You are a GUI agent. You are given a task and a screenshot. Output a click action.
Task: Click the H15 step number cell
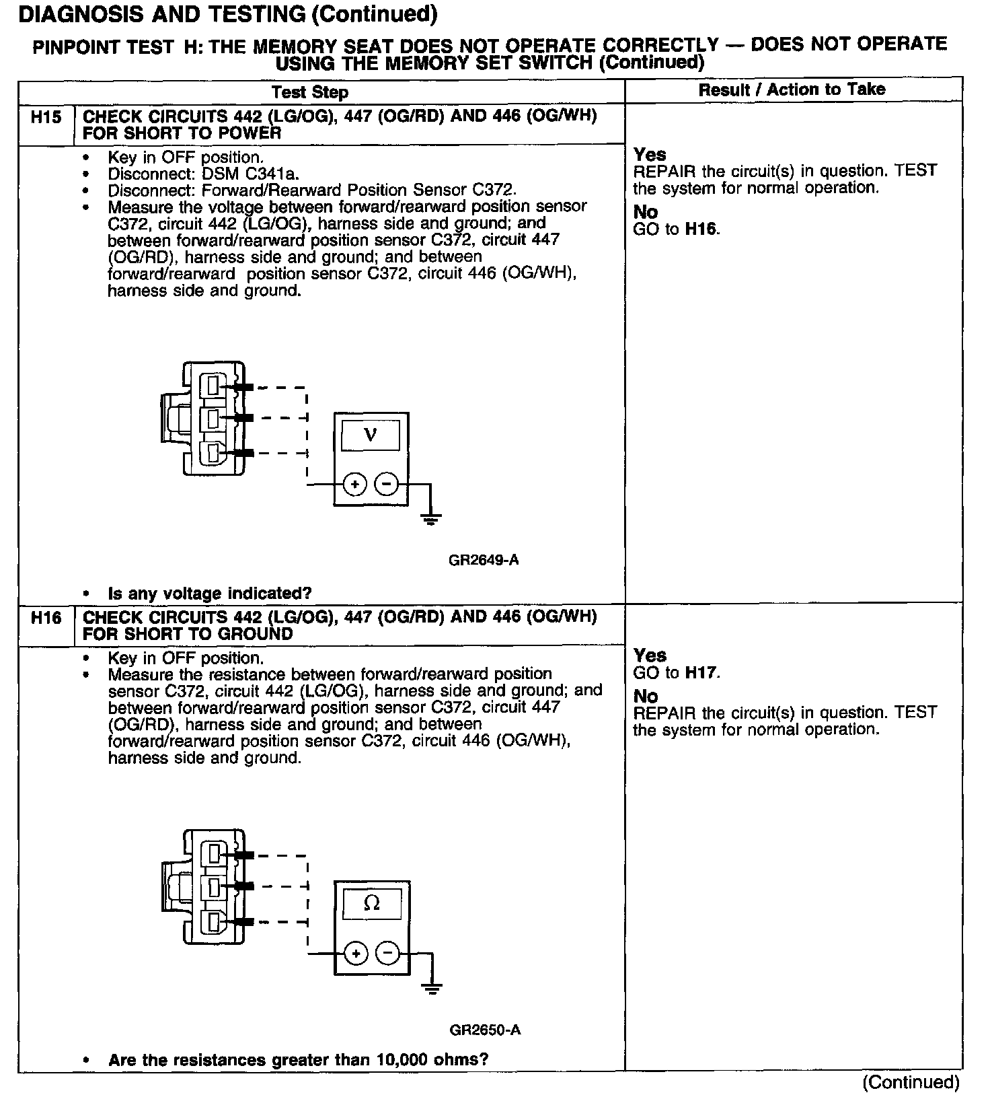point(46,118)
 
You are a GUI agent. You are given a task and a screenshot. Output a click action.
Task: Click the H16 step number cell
point(46,618)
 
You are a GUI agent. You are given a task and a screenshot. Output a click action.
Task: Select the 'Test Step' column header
point(310,93)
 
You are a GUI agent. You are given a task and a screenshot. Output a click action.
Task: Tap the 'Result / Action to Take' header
point(792,90)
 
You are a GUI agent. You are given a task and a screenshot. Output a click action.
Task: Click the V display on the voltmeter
point(371,435)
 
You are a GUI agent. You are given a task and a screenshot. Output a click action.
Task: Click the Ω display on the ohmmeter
point(372,904)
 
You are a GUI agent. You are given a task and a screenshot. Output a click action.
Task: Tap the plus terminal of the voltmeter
point(355,483)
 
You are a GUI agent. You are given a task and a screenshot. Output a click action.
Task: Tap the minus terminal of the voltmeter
point(386,483)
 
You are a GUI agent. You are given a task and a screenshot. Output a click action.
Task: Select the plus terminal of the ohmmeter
point(356,953)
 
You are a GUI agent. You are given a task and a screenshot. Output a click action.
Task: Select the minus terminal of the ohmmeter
point(387,953)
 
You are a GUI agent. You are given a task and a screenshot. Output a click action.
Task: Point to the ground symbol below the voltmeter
point(430,518)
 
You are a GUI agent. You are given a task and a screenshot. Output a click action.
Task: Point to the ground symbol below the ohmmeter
point(431,988)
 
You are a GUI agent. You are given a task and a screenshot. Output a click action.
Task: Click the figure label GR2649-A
point(484,560)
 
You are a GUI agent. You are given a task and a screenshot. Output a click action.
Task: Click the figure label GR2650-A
point(485,1030)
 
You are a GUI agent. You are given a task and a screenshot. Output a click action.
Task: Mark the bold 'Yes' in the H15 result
point(650,155)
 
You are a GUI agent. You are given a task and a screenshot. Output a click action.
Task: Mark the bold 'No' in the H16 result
point(646,697)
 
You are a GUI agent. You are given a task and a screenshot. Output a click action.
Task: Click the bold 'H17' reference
point(701,672)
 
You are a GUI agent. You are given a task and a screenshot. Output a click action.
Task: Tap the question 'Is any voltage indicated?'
point(210,594)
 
